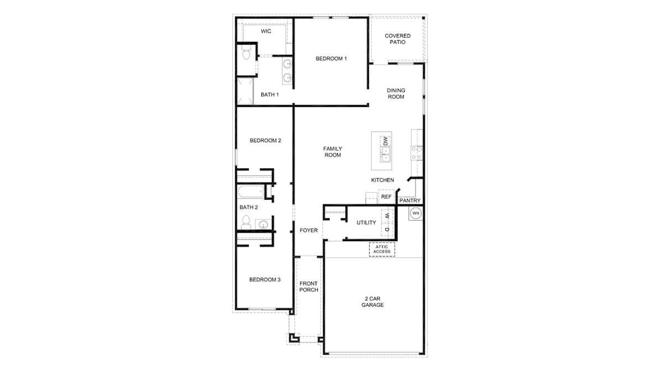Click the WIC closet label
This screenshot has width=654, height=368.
point(266,32)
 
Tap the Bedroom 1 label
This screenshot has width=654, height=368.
point(331,59)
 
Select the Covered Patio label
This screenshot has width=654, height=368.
point(397,39)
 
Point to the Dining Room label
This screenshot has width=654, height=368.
point(396,94)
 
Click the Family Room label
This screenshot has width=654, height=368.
point(333,152)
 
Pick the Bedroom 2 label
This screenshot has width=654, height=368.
point(265,141)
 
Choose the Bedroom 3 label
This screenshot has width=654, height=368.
point(264,280)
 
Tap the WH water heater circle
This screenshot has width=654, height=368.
point(416,213)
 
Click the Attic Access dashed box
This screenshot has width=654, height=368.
point(382,249)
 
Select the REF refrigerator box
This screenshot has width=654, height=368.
point(386,196)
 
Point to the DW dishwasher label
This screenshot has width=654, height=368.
point(386,141)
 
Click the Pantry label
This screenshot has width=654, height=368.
point(410,200)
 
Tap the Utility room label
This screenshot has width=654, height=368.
point(366,223)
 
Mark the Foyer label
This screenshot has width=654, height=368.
point(309,230)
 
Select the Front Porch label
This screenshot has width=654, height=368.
point(309,287)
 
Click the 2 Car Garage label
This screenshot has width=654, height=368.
point(372,302)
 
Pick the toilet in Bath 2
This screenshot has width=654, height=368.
point(246,224)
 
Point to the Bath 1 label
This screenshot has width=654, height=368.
point(269,95)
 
